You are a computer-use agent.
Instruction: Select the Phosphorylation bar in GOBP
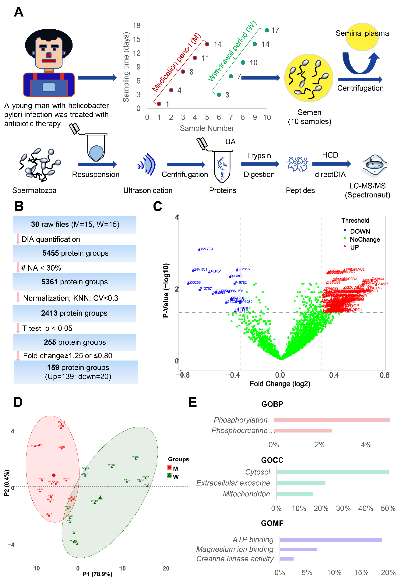(332, 420)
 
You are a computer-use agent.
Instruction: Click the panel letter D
(18, 402)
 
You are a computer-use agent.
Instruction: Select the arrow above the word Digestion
(260, 164)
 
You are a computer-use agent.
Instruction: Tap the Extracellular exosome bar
(301, 483)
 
